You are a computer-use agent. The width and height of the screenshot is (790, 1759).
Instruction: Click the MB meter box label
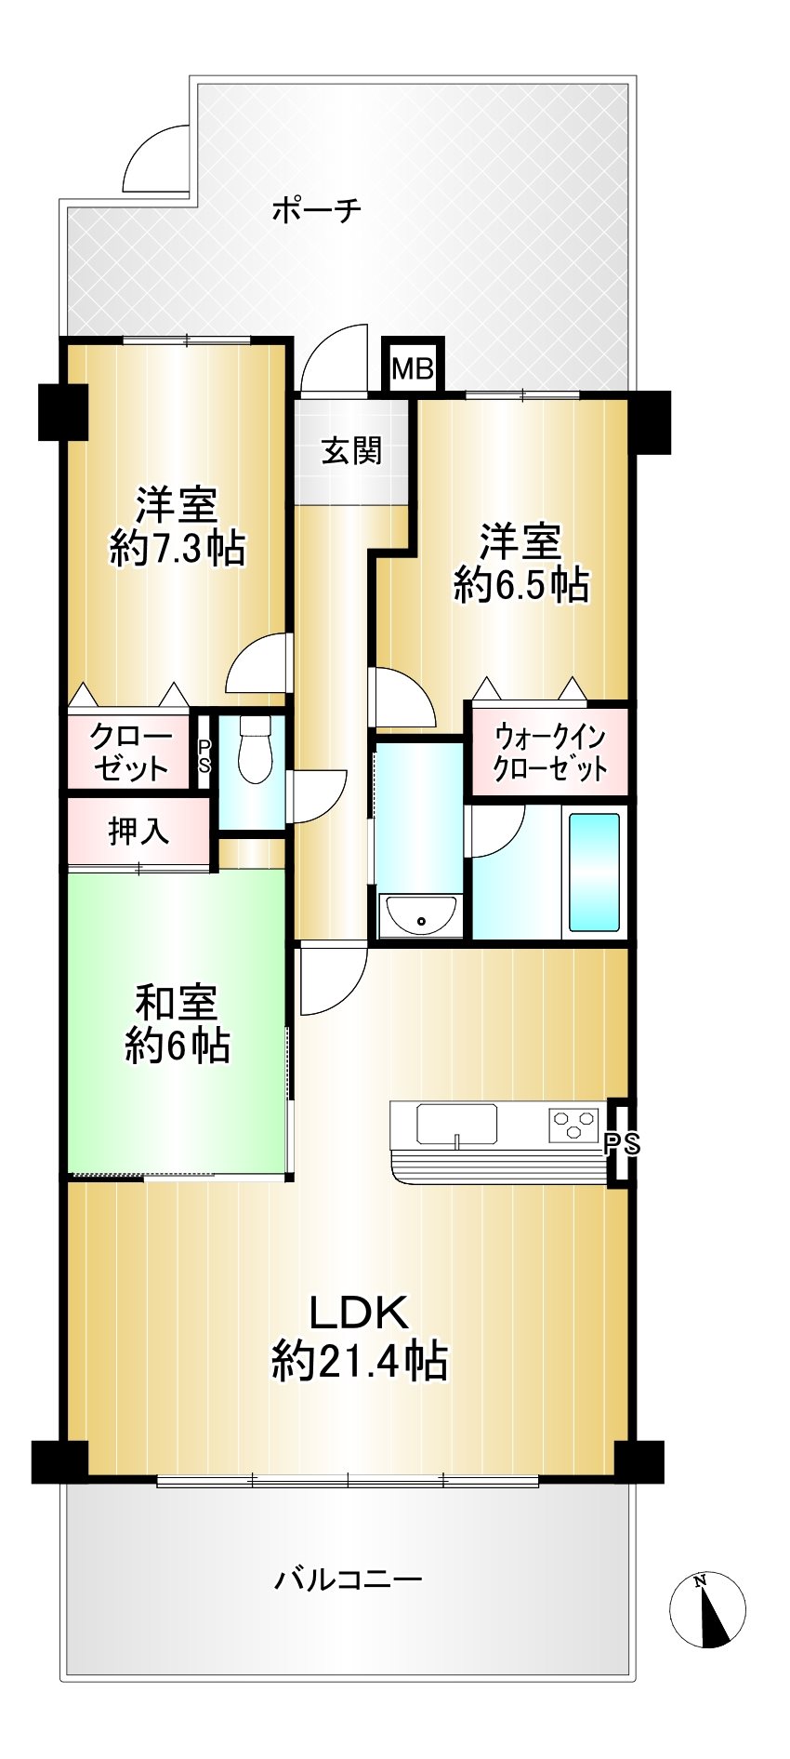tap(413, 369)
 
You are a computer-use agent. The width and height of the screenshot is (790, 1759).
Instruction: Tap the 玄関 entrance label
tap(352, 451)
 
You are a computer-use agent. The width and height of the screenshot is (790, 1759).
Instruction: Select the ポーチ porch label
tap(317, 209)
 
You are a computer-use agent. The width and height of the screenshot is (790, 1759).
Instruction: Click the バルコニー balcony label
tap(349, 1579)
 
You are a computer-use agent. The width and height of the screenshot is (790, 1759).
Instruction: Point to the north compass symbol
tap(707, 1609)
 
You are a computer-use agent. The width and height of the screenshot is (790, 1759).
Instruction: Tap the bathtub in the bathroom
tap(594, 872)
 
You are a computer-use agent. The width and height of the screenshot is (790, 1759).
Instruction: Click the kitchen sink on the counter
tap(456, 1124)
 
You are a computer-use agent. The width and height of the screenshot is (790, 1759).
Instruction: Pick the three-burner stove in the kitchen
tap(573, 1125)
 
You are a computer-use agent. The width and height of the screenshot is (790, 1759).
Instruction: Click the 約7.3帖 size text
tap(178, 549)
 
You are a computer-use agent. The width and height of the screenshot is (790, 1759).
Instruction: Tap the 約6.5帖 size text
tap(520, 586)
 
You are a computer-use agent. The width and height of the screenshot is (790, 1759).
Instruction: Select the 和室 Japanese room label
tap(177, 1003)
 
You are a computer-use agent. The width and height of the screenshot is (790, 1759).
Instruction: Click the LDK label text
tap(359, 1313)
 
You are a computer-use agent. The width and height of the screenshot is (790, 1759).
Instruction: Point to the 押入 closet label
tap(139, 831)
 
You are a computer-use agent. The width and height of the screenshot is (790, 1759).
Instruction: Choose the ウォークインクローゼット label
tap(550, 753)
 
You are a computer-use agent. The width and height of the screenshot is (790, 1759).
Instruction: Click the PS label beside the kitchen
tap(623, 1145)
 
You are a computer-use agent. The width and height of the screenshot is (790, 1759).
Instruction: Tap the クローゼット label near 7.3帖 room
tap(130, 753)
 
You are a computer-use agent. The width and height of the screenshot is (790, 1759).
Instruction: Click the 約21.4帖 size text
tap(360, 1362)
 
